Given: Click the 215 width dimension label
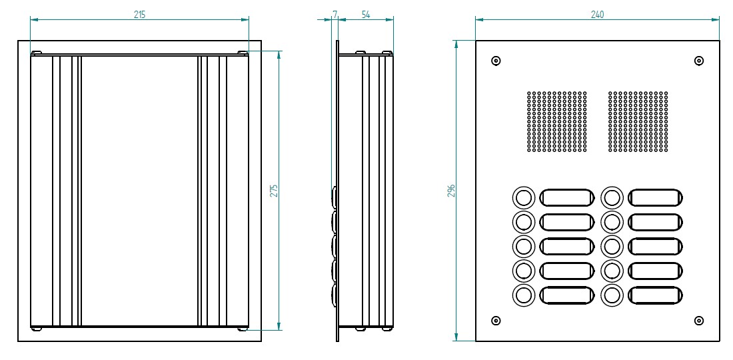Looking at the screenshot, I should click(x=139, y=14).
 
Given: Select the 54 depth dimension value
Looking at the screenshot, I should click(x=366, y=14).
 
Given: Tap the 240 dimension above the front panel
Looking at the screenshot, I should click(x=597, y=14).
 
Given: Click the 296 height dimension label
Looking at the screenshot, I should click(x=451, y=190).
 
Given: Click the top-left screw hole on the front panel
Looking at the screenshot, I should click(x=496, y=61).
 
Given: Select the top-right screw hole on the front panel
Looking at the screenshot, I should click(x=698, y=61).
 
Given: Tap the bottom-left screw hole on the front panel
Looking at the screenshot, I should click(x=496, y=321).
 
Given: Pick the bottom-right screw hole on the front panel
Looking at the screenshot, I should click(x=698, y=321).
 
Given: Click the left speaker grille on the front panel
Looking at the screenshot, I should click(x=557, y=121).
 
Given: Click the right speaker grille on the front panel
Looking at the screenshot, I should click(x=638, y=121).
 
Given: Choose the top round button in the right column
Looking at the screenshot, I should click(x=612, y=197).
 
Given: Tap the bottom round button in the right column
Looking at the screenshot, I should click(x=612, y=295).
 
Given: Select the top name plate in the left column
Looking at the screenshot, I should click(x=566, y=197).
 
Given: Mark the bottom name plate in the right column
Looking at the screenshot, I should click(x=656, y=295).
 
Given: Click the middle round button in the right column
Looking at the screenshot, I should click(x=612, y=246).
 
